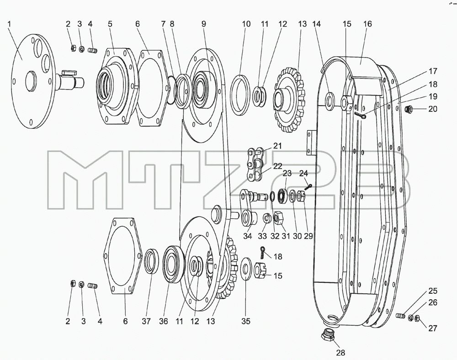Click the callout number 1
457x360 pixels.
(x=9, y=24)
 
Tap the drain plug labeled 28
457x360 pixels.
(x=328, y=334)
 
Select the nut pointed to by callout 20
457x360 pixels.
(x=408, y=109)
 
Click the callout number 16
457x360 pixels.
(x=367, y=24)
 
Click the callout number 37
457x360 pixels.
(x=146, y=321)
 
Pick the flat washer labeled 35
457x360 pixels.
(x=246, y=268)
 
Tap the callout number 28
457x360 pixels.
(x=340, y=353)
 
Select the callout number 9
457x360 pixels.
(x=203, y=24)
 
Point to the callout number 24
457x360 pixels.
(x=303, y=173)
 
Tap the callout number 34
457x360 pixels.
(x=247, y=236)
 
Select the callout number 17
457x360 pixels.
(x=433, y=71)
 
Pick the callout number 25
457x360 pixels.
(x=433, y=291)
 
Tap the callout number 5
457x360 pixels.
(x=110, y=24)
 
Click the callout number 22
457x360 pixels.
(x=277, y=166)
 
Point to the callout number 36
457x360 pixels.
(x=164, y=321)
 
